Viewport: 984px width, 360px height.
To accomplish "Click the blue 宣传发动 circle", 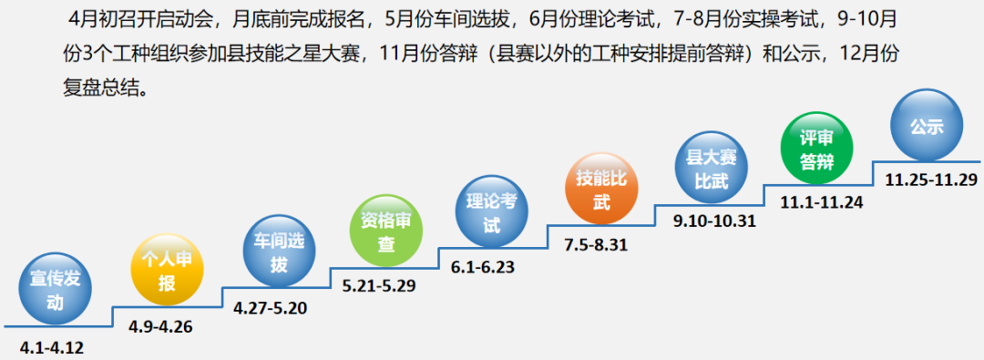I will coord(56,292).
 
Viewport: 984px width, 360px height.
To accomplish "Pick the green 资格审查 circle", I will coord(385,232).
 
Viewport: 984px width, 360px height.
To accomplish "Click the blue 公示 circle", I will coord(927,128).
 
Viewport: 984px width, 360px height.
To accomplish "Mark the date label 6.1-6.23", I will coord(489,266).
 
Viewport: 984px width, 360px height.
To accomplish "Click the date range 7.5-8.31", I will coord(598,244).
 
